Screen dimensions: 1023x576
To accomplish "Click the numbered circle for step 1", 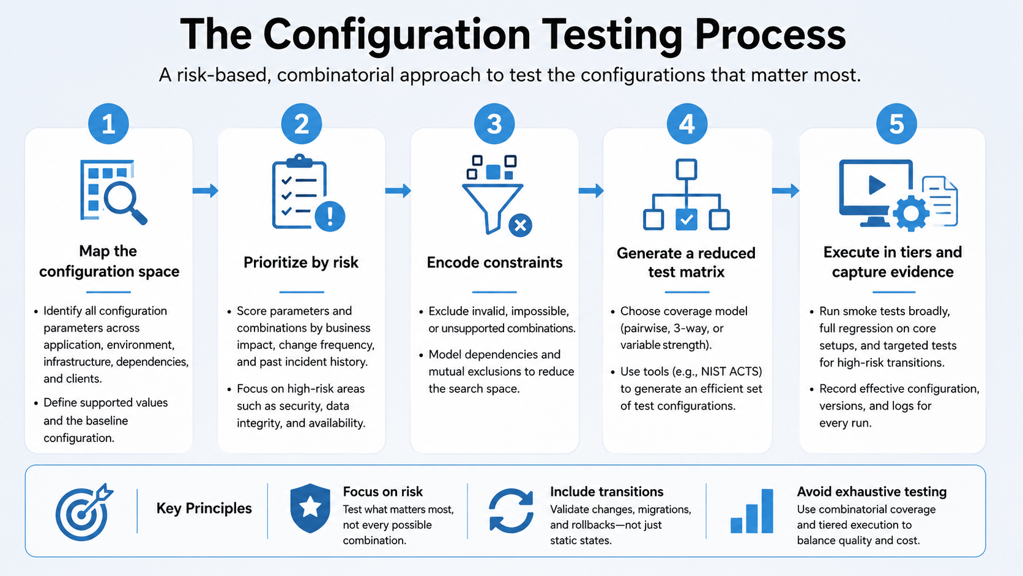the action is (x=108, y=124).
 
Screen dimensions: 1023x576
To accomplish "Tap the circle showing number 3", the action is (x=494, y=124).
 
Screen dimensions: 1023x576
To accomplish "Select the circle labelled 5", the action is (x=896, y=124).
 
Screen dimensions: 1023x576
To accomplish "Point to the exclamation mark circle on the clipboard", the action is (x=330, y=216).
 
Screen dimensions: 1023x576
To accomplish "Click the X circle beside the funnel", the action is (x=520, y=225).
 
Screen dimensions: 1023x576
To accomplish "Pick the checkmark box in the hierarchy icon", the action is (x=686, y=220).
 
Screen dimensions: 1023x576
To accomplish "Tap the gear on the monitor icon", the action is (x=910, y=213).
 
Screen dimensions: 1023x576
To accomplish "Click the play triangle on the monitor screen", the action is (x=876, y=185).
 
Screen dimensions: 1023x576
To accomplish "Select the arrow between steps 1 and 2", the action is (x=205, y=190).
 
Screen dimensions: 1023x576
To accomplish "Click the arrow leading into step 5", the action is (x=786, y=190).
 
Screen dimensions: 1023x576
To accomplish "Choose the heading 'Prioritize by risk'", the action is (x=301, y=263).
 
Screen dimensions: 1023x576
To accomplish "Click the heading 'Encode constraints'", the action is (x=494, y=263).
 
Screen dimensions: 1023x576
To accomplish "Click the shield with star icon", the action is (x=310, y=508).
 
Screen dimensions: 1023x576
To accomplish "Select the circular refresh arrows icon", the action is (x=511, y=511).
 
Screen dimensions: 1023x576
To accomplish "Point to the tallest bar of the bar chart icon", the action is (x=767, y=511).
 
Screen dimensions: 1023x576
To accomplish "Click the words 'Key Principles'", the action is (x=204, y=509).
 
